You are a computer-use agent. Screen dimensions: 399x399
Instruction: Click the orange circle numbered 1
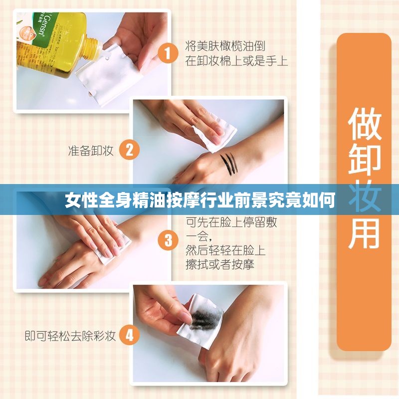click(x=168, y=52)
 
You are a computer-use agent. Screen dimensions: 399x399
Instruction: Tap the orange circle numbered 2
click(x=129, y=150)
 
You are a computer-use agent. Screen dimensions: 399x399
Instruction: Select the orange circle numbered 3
click(x=168, y=241)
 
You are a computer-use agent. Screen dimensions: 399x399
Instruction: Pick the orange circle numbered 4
click(x=129, y=335)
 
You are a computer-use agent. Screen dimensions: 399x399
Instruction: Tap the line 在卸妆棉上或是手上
click(x=236, y=61)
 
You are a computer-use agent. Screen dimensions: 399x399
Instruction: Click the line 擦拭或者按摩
click(x=220, y=264)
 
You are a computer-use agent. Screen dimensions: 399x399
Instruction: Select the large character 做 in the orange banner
click(x=364, y=123)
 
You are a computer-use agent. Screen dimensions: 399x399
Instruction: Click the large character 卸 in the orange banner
click(x=364, y=160)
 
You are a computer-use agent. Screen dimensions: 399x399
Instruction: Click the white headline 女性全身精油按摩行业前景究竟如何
click(x=199, y=201)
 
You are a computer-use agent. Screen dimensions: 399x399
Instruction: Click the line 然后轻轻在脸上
click(x=225, y=250)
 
